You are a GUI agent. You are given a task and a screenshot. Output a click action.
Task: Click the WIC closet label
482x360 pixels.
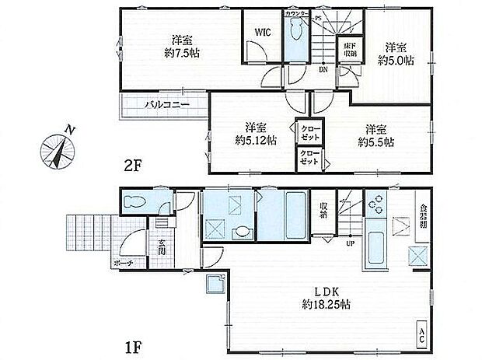(261, 32)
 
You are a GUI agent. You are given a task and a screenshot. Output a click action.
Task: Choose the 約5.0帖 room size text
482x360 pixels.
(396, 59)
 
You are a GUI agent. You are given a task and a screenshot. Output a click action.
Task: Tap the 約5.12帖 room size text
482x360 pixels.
(251, 142)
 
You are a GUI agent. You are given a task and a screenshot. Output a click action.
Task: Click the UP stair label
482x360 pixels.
(351, 243)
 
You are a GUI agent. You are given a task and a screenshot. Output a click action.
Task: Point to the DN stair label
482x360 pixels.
(322, 69)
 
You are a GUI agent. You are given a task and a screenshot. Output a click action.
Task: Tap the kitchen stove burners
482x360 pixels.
(376, 204)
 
